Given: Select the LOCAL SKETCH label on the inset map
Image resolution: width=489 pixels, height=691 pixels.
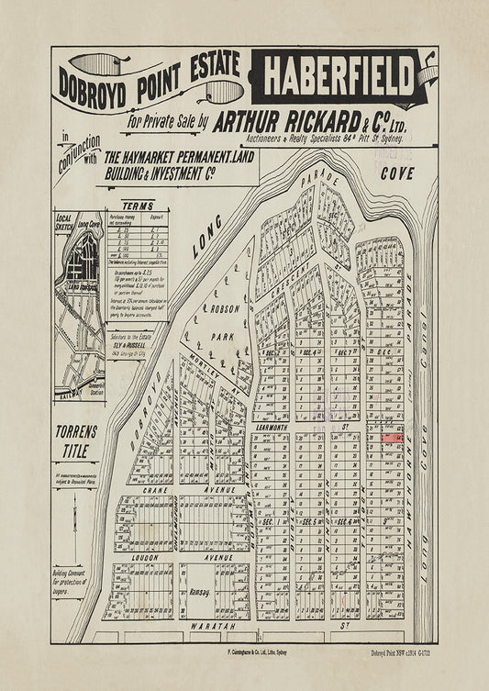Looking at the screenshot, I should coord(63,224).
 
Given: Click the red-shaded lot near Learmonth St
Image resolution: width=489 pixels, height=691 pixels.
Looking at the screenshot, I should coord(392,438).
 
